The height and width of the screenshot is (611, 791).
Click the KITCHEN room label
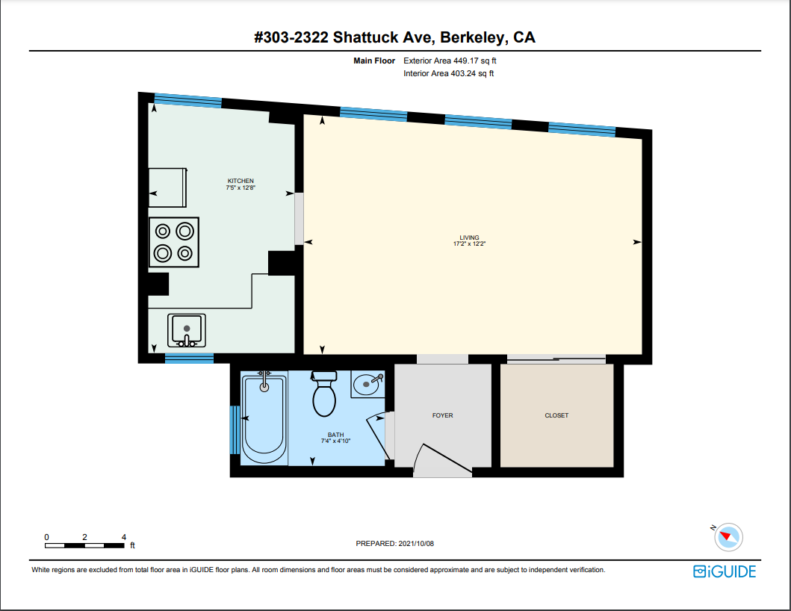241,181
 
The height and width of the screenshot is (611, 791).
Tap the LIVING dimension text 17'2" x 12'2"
470,244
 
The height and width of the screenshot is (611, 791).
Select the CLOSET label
556,415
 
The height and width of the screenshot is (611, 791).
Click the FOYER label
442,415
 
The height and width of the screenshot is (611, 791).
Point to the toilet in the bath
324,396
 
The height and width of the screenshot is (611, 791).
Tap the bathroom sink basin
366,386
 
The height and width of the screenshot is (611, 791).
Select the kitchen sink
187,329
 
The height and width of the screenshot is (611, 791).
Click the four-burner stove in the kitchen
174,242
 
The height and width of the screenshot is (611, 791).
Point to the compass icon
728,536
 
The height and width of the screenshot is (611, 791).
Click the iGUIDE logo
725,571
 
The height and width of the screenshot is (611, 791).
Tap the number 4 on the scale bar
123,537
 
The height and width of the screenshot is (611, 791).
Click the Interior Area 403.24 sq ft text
449,73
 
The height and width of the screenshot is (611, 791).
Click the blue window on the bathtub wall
235,430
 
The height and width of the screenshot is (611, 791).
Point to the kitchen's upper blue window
187,100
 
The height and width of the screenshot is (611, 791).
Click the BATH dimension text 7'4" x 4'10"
335,441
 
